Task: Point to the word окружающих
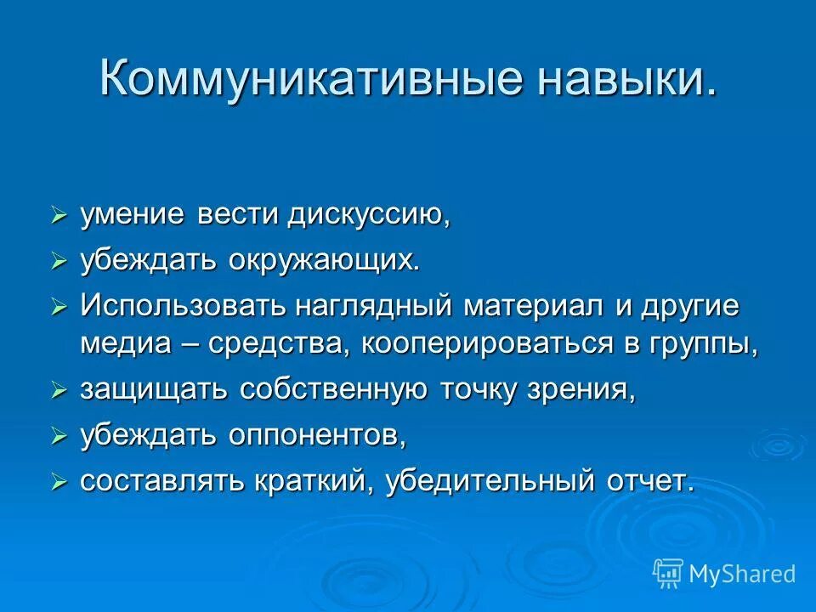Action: tap(323, 261)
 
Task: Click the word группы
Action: tap(706, 344)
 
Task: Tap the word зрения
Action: tap(586, 390)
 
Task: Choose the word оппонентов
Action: tap(316, 435)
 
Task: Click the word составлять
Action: tap(162, 481)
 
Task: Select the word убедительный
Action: tap(484, 481)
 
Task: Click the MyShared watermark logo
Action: tap(724, 574)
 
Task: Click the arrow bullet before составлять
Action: tap(59, 482)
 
